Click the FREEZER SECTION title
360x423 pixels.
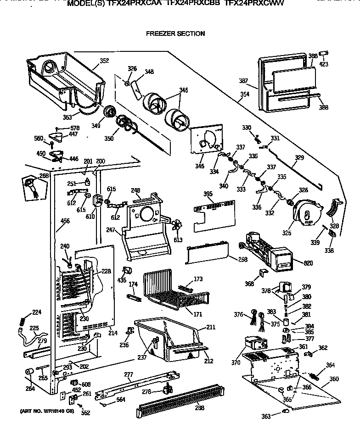pyautogui.click(x=175, y=33)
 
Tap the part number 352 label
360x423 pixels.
pyautogui.click(x=104, y=60)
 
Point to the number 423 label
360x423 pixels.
pyautogui.click(x=324, y=65)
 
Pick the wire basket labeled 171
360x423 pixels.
pyautogui.click(x=170, y=286)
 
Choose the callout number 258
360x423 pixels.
pyautogui.click(x=242, y=260)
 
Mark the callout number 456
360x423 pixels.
pyautogui.click(x=65, y=221)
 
